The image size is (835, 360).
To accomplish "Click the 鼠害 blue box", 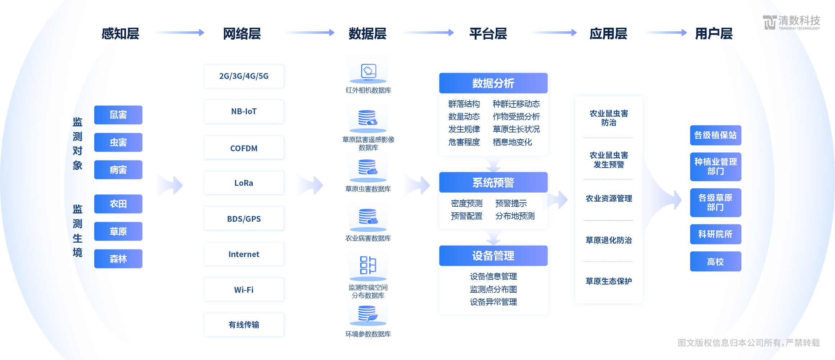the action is pyautogui.click(x=118, y=115).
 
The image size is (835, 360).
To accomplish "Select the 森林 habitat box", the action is pyautogui.click(x=118, y=258).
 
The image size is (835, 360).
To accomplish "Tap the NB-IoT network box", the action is pyautogui.click(x=244, y=112).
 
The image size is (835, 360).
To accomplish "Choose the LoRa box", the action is pyautogui.click(x=244, y=183).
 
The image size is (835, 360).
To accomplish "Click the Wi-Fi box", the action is pyautogui.click(x=244, y=289).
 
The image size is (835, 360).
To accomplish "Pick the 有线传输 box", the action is pyautogui.click(x=244, y=325).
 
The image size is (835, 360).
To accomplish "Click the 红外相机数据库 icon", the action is pyautogui.click(x=368, y=72).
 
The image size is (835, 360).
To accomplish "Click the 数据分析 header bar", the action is pyautogui.click(x=493, y=83).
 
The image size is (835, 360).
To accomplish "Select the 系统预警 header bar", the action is pyautogui.click(x=493, y=183).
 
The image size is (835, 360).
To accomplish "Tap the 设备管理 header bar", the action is pyautogui.click(x=493, y=256).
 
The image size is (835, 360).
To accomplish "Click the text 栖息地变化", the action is pyautogui.click(x=512, y=142).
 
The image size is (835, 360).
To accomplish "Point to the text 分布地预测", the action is pyautogui.click(x=515, y=216).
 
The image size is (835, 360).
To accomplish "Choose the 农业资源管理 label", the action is pyautogui.click(x=609, y=198).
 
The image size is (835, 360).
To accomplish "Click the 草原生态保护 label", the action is pyautogui.click(x=609, y=281).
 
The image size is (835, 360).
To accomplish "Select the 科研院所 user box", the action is pyautogui.click(x=716, y=234).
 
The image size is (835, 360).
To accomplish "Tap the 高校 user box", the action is pyautogui.click(x=716, y=261).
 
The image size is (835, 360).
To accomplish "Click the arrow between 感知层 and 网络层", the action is pyautogui.click(x=180, y=33).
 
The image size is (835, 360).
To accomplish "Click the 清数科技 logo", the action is pyautogui.click(x=791, y=22).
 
